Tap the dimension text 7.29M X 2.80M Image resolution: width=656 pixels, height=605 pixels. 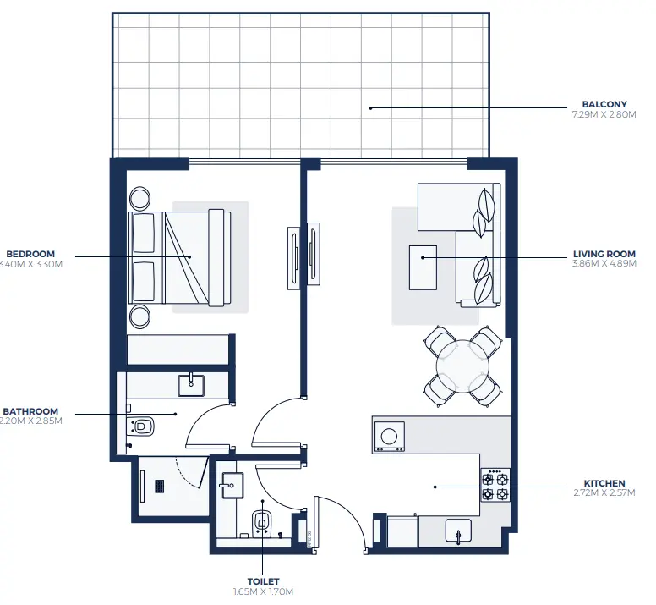pyautogui.click(x=599, y=115)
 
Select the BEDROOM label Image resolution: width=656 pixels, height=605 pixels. pyautogui.click(x=31, y=253)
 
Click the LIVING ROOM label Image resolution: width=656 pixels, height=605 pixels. pyautogui.click(x=604, y=253)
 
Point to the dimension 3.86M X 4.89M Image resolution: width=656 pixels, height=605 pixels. pyautogui.click(x=604, y=263)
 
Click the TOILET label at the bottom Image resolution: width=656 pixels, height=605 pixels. pyautogui.click(x=263, y=581)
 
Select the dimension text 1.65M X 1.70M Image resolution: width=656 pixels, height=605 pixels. pyautogui.click(x=263, y=591)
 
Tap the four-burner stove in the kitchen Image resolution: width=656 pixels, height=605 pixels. pyautogui.click(x=495, y=485)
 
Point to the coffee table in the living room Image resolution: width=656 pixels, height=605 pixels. pyautogui.click(x=423, y=267)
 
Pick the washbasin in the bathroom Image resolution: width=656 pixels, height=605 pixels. pyautogui.click(x=192, y=385)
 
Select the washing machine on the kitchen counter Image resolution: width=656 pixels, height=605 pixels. pyautogui.click(x=389, y=436)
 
